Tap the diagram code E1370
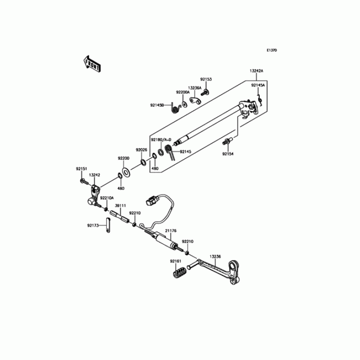271,50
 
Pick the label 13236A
194,87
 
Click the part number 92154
228,154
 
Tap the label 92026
141,149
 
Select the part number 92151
81,169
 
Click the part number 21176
171,231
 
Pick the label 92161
175,261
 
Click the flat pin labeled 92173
108,225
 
